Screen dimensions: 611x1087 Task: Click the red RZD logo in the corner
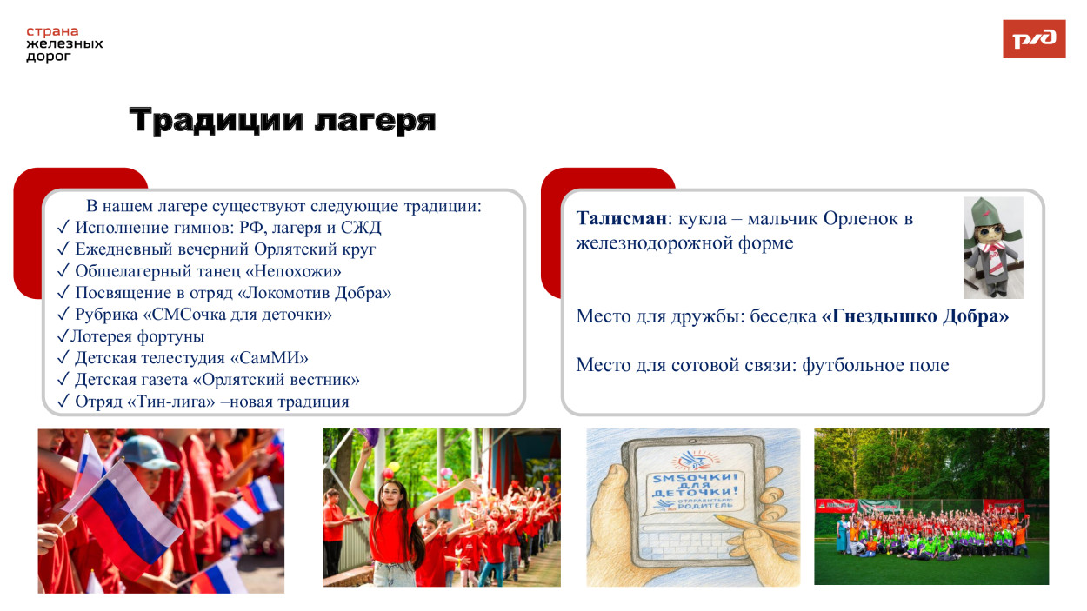click(x=1033, y=39)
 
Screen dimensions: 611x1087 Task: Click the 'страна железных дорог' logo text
click(x=64, y=44)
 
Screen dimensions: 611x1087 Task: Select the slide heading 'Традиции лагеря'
click(x=282, y=121)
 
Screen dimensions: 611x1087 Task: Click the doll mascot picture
click(x=992, y=248)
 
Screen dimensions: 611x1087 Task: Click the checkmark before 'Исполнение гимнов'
click(x=63, y=228)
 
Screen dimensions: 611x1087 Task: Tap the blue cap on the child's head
click(x=149, y=451)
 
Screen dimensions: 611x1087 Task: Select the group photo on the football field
click(x=930, y=507)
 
